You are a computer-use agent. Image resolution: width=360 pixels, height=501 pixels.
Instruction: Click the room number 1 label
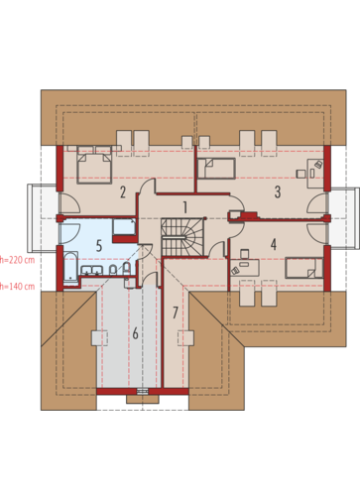coord(185,207)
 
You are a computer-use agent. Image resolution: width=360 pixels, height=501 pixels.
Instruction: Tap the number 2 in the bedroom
coord(123,192)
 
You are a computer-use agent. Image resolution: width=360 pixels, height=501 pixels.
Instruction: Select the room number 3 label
coord(278,191)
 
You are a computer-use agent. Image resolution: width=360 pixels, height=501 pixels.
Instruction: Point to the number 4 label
coord(274,244)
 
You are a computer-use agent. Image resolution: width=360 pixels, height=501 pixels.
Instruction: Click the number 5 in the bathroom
coord(99,246)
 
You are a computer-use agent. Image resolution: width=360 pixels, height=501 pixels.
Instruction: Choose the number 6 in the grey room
coord(135,333)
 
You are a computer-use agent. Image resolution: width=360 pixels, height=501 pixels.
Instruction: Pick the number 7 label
coord(176,313)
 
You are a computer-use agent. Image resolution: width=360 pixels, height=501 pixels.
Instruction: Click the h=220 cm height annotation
coord(17,260)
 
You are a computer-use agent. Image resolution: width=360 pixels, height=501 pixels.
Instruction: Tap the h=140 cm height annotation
coord(17,286)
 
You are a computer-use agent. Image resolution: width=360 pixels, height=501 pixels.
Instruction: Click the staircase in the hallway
coord(182,237)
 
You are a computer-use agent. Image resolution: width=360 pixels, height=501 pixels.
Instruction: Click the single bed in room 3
coord(216,169)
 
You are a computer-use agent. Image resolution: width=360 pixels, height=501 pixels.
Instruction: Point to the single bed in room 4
coord(303,268)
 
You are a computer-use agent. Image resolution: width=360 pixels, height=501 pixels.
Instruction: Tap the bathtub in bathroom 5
coord(70,269)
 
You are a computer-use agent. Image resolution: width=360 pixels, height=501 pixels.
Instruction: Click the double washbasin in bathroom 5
coord(91,270)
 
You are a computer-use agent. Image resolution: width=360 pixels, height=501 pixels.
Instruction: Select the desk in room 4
coord(245,268)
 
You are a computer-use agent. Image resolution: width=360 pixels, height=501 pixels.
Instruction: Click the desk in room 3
coord(315,174)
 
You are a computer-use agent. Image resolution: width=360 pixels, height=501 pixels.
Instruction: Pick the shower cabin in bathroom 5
coord(124,226)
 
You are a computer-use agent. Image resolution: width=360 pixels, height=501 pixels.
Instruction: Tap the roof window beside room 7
coord(185,338)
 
